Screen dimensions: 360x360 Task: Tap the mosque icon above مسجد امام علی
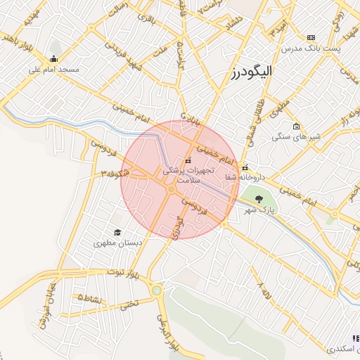54,59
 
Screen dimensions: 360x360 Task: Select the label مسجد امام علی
54,70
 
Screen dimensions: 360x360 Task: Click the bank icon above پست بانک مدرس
311,37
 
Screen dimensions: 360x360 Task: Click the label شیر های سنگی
297,136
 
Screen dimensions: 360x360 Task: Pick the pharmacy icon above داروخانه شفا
245,167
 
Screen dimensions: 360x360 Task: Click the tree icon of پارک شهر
260,200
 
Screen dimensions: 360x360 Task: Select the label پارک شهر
257,210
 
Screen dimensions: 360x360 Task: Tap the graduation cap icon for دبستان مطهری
117,232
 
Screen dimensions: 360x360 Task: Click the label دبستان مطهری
117,243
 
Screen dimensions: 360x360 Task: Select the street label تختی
127,305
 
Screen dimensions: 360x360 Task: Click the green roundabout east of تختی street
156,290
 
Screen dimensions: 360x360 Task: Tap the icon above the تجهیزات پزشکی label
188,160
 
